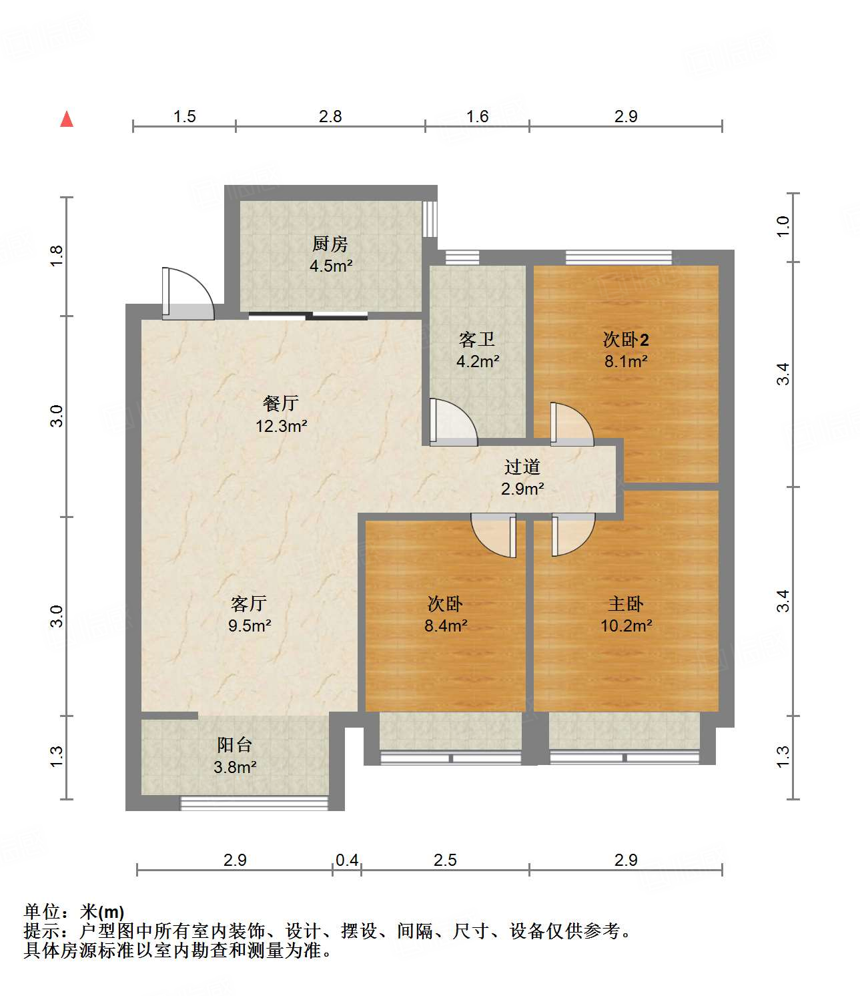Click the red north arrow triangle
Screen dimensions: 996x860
(67, 119)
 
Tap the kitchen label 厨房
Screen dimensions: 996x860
(330, 244)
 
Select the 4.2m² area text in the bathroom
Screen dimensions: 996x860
(478, 362)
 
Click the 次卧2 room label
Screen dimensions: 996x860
(625, 340)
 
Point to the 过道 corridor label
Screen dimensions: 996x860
(522, 467)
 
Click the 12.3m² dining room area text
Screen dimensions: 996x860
(281, 425)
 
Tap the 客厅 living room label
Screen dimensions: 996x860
(248, 603)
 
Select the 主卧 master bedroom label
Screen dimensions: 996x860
(625, 603)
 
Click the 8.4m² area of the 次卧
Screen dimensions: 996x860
(445, 626)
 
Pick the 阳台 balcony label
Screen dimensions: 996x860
(234, 745)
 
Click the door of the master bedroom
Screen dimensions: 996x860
(572, 534)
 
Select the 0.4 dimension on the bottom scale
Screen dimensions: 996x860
(347, 860)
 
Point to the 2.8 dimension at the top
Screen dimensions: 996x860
(330, 116)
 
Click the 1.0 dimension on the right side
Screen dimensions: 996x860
(783, 226)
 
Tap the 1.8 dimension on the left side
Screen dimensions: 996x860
(56, 256)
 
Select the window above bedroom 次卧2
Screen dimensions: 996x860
(618, 257)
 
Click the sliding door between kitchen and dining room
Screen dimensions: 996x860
(308, 316)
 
